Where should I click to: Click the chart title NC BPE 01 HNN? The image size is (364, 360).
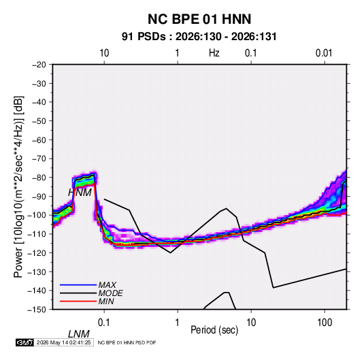[199, 19]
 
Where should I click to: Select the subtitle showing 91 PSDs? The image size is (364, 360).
[199, 37]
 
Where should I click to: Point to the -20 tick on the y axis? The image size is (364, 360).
[39, 65]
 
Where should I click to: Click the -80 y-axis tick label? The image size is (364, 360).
[39, 178]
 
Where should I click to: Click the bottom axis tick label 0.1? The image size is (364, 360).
[104, 323]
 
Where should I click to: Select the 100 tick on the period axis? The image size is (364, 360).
[325, 323]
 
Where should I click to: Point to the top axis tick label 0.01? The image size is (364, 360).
[324, 53]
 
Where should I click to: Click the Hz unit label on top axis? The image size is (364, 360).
[214, 53]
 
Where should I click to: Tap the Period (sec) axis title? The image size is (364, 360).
[214, 330]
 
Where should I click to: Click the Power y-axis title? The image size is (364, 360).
[18, 187]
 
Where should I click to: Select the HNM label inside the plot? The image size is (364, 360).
[80, 193]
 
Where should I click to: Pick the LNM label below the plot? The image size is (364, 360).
[79, 334]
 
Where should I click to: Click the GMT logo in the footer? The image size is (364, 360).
[25, 342]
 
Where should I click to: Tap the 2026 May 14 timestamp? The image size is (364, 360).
[63, 342]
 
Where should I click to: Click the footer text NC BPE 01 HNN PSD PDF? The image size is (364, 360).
[127, 342]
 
